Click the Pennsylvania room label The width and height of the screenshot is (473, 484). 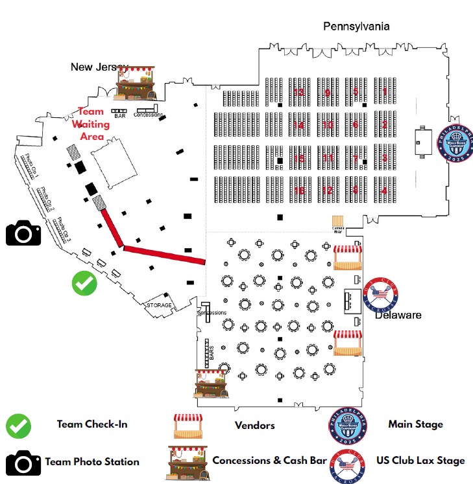pyautogui.click(x=356, y=27)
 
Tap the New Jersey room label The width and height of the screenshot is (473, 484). pyautogui.click(x=99, y=67)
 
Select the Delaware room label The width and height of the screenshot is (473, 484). pyautogui.click(x=398, y=315)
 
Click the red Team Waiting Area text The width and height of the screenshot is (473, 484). pyautogui.click(x=91, y=124)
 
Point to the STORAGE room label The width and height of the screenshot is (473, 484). pyautogui.click(x=159, y=305)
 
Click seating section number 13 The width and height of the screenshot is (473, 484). pyautogui.click(x=298, y=92)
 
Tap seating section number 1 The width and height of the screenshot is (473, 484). pyautogui.click(x=384, y=92)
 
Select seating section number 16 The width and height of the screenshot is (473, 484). pyautogui.click(x=298, y=190)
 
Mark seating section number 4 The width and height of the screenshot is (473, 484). pyautogui.click(x=384, y=190)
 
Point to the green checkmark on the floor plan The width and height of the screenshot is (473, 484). pyautogui.click(x=84, y=283)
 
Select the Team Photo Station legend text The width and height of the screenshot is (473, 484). pyautogui.click(x=92, y=462)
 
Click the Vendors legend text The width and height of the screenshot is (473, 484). pyautogui.click(x=254, y=426)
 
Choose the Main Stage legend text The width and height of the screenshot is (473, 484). pyautogui.click(x=415, y=424)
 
